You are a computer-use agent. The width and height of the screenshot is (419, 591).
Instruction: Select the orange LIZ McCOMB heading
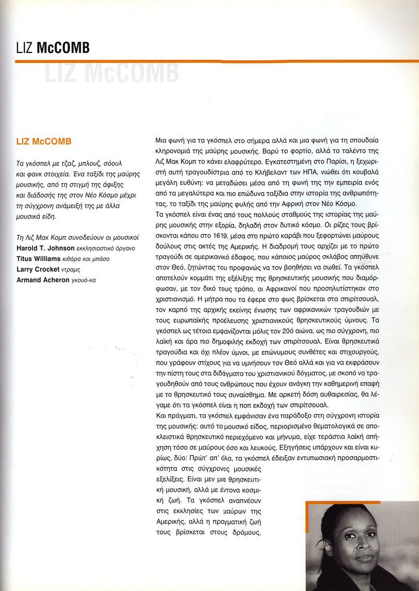point(44,142)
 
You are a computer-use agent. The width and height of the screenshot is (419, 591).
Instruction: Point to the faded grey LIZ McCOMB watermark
point(110,73)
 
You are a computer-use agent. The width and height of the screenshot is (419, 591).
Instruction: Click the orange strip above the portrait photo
point(362,503)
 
